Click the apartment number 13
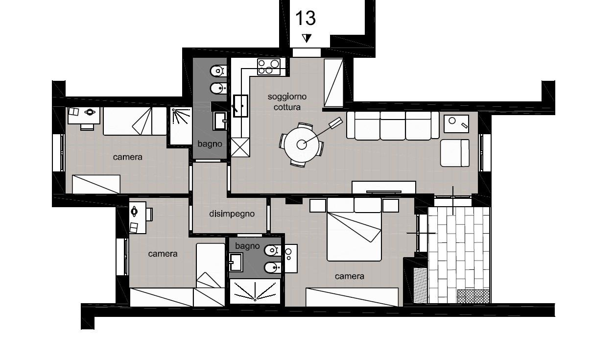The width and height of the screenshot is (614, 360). [306, 18]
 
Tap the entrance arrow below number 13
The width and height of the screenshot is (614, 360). [307, 38]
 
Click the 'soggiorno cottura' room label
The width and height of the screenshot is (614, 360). [287, 102]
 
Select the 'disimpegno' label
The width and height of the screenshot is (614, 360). [232, 214]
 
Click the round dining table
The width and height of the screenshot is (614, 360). [302, 144]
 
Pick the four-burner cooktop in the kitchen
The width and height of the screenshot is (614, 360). [269, 67]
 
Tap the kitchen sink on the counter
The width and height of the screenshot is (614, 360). [240, 106]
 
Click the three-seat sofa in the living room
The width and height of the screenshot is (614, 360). [393, 125]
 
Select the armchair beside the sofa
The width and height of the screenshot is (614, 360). [455, 153]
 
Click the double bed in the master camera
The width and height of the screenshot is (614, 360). [354, 230]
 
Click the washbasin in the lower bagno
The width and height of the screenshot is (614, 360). [236, 262]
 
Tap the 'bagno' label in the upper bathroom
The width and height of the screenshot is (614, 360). [210, 144]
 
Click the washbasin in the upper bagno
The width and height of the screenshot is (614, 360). [220, 121]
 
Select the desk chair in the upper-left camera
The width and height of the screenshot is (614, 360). [90, 112]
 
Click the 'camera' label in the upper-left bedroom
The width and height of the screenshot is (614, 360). [127, 157]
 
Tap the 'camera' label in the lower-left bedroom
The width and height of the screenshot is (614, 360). [163, 254]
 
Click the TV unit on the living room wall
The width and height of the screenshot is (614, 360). [384, 187]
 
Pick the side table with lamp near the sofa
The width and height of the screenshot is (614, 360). [456, 124]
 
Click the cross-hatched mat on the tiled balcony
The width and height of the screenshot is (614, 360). [473, 296]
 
